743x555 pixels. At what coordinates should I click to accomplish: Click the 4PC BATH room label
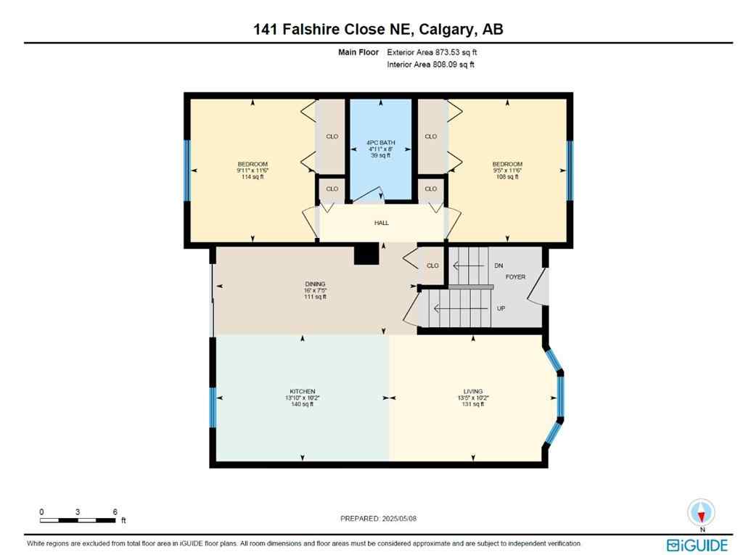(381, 142)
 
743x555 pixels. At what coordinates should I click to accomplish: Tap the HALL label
(381, 223)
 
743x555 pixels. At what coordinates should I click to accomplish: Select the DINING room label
(315, 284)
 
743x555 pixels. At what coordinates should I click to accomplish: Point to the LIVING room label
(473, 391)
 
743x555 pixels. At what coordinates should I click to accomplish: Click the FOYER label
(515, 277)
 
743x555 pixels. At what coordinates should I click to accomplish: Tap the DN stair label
(498, 266)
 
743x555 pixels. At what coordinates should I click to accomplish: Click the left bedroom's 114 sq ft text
(253, 177)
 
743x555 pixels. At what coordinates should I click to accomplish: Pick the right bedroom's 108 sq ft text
(507, 177)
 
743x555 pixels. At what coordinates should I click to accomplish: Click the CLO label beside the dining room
(432, 266)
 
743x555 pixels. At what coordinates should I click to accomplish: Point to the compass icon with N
(701, 513)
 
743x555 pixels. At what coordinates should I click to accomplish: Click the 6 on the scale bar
(115, 512)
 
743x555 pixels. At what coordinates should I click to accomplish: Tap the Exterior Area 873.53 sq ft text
(432, 52)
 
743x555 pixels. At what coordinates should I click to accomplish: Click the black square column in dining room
(366, 254)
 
